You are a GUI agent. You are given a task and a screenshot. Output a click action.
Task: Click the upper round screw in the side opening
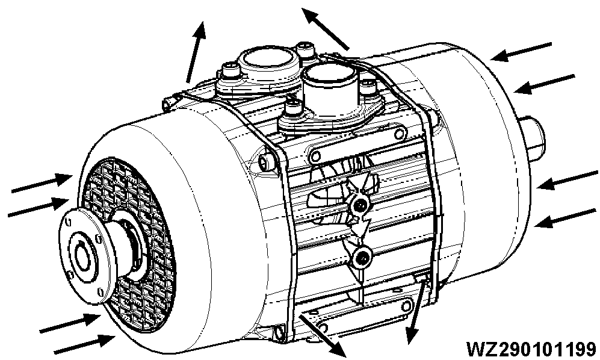360,205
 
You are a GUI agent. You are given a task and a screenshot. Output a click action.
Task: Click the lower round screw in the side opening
362,258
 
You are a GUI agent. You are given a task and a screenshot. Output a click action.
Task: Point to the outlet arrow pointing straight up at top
195,51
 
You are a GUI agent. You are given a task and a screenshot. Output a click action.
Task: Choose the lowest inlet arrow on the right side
566,217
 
